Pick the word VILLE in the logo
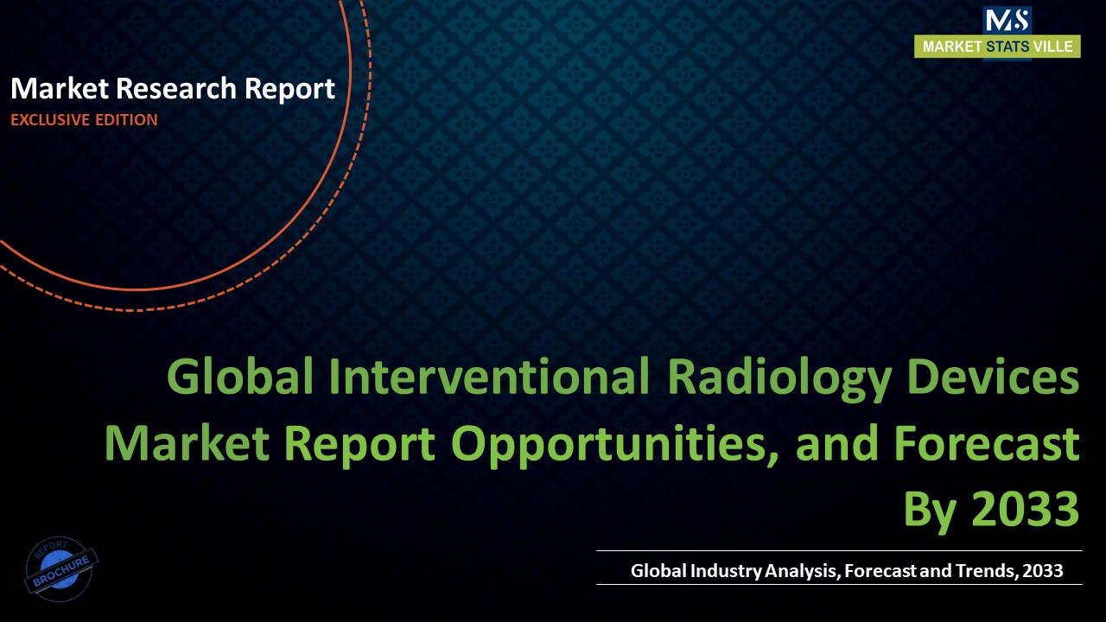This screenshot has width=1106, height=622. pyautogui.click(x=1055, y=47)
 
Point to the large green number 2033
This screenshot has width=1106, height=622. pyautogui.click(x=1026, y=510)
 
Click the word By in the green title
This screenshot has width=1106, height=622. pyautogui.click(x=930, y=510)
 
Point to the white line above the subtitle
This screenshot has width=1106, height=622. pyautogui.click(x=838, y=550)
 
